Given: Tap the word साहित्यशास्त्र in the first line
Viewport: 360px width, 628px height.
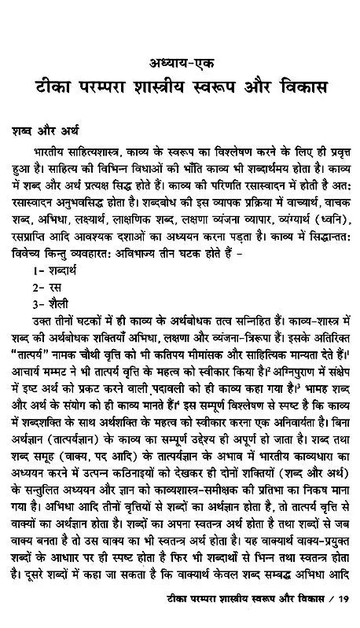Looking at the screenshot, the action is click(111, 151).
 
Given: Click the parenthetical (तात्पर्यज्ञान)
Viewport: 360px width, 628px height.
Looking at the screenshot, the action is click(81, 448).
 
